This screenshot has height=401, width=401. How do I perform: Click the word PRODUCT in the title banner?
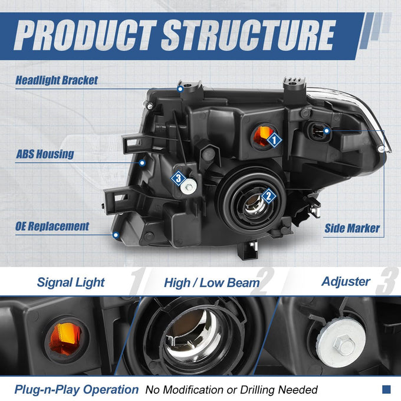click(x=85, y=35)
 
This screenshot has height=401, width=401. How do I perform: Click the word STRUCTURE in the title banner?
click(x=248, y=35)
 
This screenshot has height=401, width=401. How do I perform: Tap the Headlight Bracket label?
click(x=57, y=80)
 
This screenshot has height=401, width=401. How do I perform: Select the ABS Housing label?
click(x=45, y=154)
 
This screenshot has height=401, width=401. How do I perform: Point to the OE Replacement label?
click(x=52, y=226)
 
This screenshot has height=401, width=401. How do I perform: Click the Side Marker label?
click(x=352, y=228)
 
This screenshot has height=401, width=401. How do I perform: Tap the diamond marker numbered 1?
click(x=274, y=140)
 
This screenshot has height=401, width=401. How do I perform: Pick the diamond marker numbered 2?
click(x=268, y=196)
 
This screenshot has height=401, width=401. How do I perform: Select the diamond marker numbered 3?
click(x=178, y=178)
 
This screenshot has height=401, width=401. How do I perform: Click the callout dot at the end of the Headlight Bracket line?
click(x=180, y=89)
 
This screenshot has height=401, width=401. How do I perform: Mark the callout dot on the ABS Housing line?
click(x=143, y=163)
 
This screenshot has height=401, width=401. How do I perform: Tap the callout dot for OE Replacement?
click(x=116, y=235)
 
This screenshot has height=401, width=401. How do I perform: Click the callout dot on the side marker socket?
click(x=326, y=131)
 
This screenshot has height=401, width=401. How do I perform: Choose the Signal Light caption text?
click(x=71, y=282)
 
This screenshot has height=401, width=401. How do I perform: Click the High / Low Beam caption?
click(x=212, y=283)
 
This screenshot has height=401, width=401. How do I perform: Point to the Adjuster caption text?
click(x=346, y=281)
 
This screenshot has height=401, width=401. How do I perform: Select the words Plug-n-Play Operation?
click(x=77, y=390)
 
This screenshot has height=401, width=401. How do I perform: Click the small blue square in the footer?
click(x=386, y=389)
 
